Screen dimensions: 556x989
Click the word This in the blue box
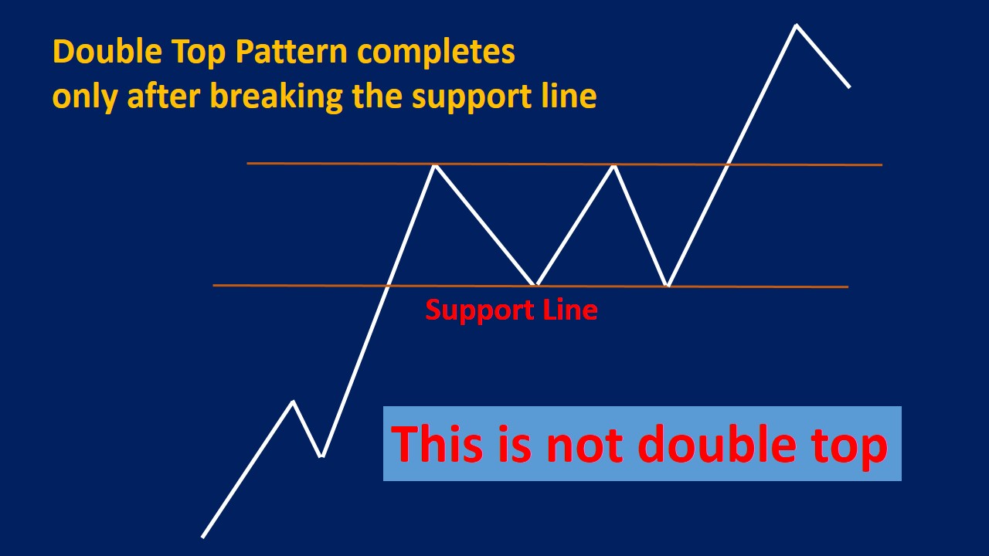(436, 445)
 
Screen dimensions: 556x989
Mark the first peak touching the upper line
(435, 165)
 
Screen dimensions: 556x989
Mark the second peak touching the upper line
(614, 165)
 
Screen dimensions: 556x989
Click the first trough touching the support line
(535, 284)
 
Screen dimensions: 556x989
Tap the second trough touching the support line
(668, 286)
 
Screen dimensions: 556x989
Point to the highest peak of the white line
(796, 26)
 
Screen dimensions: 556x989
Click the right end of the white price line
(849, 86)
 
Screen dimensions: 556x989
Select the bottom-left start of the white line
(203, 536)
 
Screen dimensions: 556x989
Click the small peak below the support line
(293, 402)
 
